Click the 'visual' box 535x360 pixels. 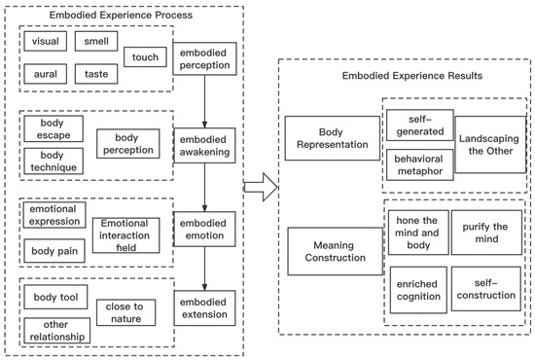(46, 41)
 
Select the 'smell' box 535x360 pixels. (96, 41)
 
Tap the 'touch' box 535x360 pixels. (145, 57)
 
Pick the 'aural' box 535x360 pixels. (46, 74)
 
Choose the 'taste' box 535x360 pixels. (96, 74)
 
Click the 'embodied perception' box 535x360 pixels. (204, 58)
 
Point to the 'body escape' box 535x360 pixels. (53, 129)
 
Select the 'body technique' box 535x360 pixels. (53, 162)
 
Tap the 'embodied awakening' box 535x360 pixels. (204, 145)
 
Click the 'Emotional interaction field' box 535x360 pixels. (125, 235)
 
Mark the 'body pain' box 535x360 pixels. (54, 251)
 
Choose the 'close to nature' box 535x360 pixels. (125, 312)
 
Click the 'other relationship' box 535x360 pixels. (57, 331)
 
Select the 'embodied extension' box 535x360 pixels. (204, 308)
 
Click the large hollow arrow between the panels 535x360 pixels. (261, 187)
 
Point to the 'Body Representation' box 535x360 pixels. (333, 138)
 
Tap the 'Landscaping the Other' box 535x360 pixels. (490, 145)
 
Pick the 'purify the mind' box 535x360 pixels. (486, 233)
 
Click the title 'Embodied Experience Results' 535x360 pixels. (412, 76)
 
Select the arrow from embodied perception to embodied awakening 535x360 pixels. (204, 102)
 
